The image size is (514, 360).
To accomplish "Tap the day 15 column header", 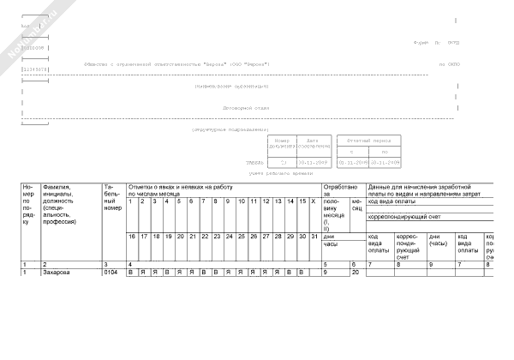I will pos(302,201).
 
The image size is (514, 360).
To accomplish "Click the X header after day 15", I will pos(314,201).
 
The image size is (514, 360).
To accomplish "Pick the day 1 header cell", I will pos(130,201).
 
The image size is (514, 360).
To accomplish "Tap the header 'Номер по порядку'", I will pos(28,204).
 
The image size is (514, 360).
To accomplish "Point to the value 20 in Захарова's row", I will pos(356,272).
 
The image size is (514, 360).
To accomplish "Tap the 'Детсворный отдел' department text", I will pos(246,109).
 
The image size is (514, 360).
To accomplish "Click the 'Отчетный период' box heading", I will pos(370,140).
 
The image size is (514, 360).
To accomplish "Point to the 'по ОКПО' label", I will pos(449,64).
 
